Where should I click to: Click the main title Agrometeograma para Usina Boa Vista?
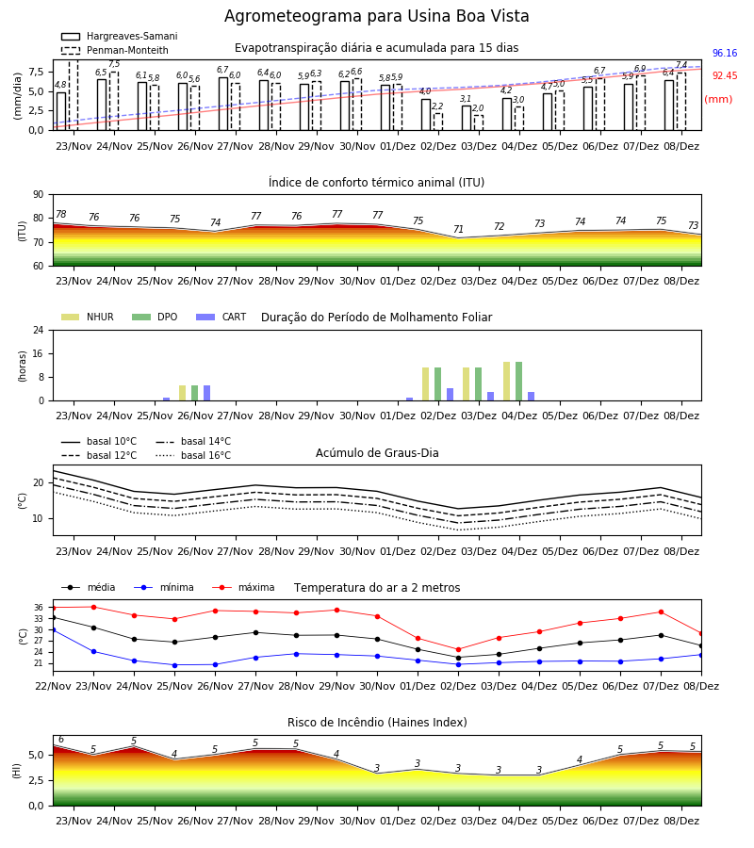tap(376, 16)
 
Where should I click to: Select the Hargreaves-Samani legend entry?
tap(119, 36)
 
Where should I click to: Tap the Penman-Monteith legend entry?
tap(115, 50)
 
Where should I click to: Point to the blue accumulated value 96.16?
tap(725, 53)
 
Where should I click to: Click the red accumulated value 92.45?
tap(725, 75)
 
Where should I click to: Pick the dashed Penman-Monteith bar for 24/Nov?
tap(114, 101)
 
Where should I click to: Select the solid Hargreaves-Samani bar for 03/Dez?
tap(467, 118)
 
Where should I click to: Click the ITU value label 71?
tap(458, 229)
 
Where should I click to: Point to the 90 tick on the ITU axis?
tap(39, 195)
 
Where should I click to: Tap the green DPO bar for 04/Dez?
tap(518, 382)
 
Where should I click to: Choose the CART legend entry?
tap(221, 317)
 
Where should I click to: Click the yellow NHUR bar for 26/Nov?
tap(182, 393)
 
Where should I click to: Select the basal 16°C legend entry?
tap(193, 455)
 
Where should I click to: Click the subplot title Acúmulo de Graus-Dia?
tap(377, 453)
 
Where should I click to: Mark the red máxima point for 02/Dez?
tap(458, 649)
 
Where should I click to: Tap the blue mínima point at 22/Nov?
tap(53, 630)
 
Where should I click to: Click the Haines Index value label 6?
tap(61, 740)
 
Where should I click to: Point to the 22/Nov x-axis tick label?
tap(53, 686)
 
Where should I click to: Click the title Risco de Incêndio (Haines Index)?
tap(377, 722)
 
